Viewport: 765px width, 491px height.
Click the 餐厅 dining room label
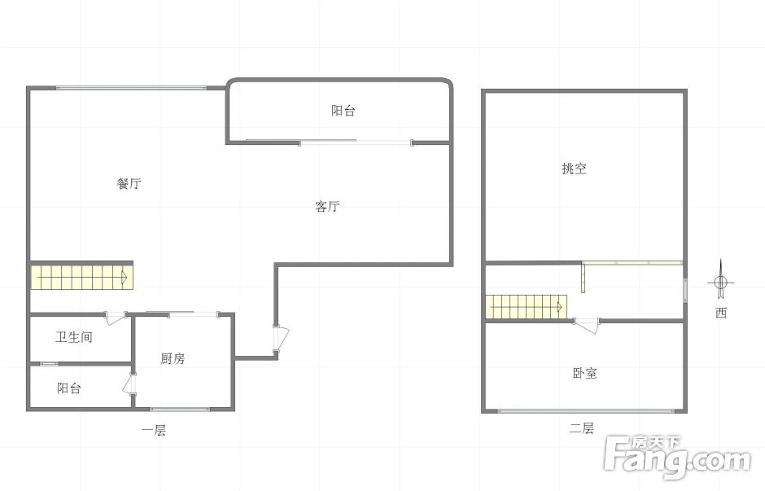[x=129, y=183]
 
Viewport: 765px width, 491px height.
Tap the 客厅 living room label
[x=327, y=207]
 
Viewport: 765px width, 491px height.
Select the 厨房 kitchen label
[x=173, y=359]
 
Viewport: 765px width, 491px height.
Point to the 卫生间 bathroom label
[x=74, y=337]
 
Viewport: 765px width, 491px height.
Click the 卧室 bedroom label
[x=584, y=374]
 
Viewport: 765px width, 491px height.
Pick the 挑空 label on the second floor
[x=574, y=169]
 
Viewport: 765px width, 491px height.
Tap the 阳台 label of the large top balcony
[x=343, y=111]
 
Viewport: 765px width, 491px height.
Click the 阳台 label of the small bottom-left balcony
[x=69, y=388]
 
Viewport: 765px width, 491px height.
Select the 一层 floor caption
[x=154, y=431]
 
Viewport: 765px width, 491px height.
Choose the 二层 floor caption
[x=582, y=429]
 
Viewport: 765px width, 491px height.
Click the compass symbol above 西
[x=720, y=282]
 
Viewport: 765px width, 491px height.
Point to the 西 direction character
[x=721, y=313]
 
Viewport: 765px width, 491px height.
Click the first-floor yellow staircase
[x=82, y=277]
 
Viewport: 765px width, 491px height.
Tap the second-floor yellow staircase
[x=527, y=307]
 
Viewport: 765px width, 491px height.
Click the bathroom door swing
[x=116, y=318]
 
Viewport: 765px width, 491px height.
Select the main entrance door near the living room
[x=281, y=338]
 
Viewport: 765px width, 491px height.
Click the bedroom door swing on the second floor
[x=587, y=325]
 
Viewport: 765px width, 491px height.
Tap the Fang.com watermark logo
[x=677, y=457]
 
